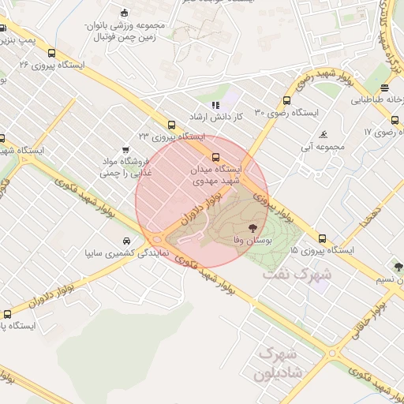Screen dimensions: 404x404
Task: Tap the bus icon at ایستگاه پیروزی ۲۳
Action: (171, 125)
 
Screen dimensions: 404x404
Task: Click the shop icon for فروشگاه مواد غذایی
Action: (125, 150)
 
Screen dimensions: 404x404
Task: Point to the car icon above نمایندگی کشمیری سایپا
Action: (126, 241)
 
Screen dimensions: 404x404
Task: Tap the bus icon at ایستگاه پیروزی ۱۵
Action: (322, 238)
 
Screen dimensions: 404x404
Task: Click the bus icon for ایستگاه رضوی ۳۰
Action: (286, 100)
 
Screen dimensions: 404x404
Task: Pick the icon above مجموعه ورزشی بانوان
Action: (123, 12)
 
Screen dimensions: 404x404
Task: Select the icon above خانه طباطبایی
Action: (384, 88)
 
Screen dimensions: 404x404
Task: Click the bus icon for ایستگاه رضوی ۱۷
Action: (395, 120)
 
